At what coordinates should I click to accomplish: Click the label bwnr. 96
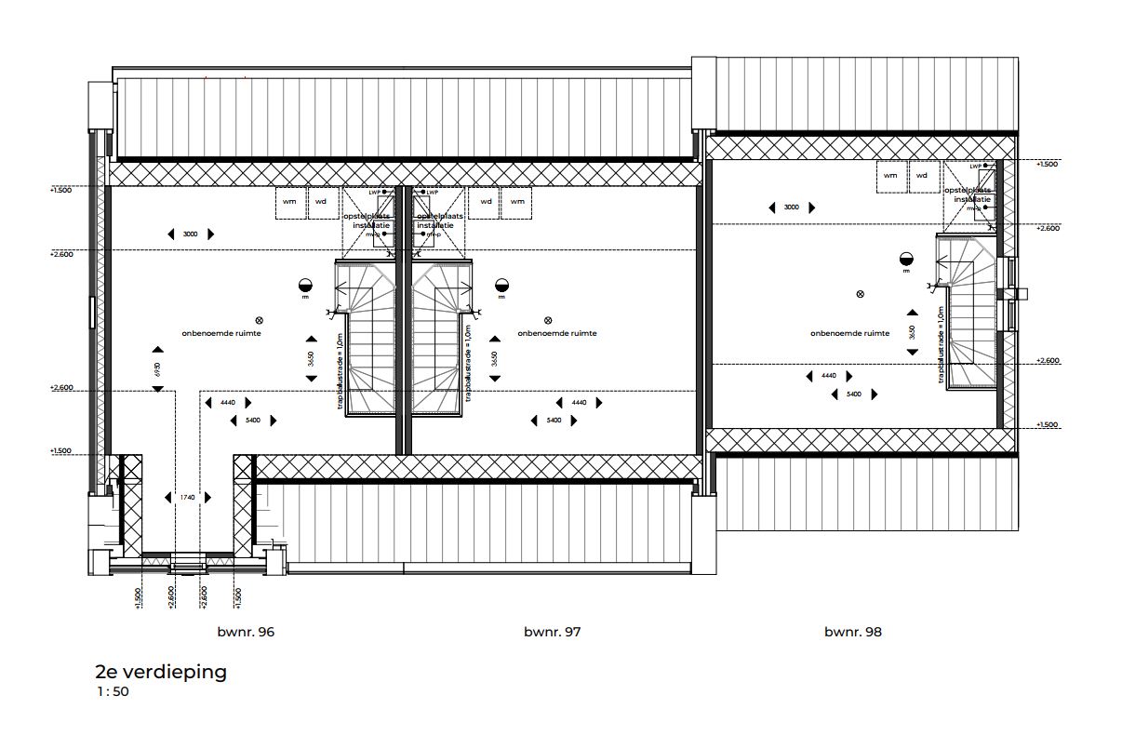point(245,632)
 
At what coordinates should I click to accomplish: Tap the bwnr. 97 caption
point(552,632)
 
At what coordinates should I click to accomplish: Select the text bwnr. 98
point(852,632)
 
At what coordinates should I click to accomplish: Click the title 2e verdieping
point(161,672)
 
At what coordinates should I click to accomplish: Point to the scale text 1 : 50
point(113,692)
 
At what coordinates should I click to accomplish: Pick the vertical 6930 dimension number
point(157,368)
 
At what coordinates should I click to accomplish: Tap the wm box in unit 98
point(890,176)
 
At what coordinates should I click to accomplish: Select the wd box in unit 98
point(922,176)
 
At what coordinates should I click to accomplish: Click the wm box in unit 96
point(290,202)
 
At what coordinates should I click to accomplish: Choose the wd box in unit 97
point(486,202)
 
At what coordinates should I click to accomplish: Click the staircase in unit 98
point(968,312)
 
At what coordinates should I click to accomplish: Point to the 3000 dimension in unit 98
point(791,207)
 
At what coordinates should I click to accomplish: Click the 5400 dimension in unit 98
point(853,394)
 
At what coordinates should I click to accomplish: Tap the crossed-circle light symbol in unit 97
point(547,319)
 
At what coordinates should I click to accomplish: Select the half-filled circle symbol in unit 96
point(304,286)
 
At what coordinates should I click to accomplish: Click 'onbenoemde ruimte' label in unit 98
point(849,333)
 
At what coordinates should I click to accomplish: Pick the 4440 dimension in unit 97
point(579,403)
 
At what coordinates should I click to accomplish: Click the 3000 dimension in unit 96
point(190,234)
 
